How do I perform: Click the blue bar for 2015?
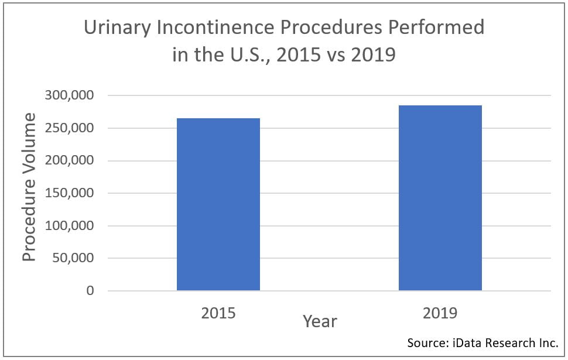218,204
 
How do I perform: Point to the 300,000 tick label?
69,95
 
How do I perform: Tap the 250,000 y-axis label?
69,128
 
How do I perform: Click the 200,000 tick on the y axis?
69,160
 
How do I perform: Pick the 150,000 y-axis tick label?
69,193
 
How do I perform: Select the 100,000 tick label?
69,226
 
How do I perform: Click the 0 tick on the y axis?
90,291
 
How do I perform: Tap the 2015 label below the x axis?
218,313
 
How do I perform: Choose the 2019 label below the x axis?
440,313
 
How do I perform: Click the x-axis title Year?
320,321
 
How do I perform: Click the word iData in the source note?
466,342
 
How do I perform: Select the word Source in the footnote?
426,342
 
